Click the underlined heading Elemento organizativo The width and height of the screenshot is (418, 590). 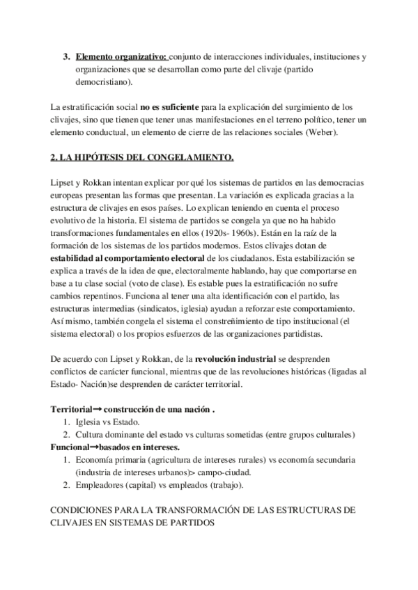[121, 56]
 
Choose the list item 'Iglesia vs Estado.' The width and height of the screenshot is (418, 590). [107, 422]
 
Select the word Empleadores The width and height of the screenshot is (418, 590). [102, 485]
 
